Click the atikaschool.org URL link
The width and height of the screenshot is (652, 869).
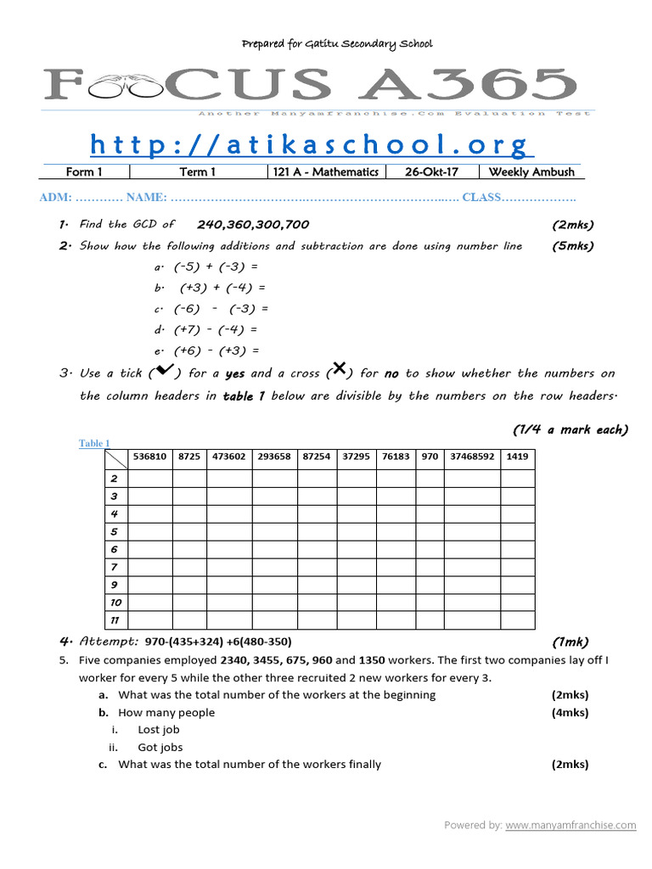coord(311,145)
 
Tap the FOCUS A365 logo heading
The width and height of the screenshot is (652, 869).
coord(311,85)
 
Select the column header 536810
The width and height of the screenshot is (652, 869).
coord(150,457)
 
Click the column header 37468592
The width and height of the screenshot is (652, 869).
coord(472,457)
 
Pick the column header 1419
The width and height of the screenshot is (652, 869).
coord(517,457)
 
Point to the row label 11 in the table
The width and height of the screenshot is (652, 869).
coord(115,621)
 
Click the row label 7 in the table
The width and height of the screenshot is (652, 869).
coord(115,567)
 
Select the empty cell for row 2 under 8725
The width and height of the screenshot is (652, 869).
coord(190,479)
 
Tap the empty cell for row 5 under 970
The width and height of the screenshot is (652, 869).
coord(430,532)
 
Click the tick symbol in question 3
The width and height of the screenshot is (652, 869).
coord(161,371)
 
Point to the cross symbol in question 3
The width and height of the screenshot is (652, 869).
coord(338,369)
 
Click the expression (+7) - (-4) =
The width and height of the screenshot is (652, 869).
coord(216,329)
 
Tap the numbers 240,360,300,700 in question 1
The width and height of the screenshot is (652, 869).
coord(253,225)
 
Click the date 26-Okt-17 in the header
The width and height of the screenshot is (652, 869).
coord(431,172)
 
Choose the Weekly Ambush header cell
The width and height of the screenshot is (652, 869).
coord(531,172)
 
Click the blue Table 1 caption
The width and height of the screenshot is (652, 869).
coord(94,443)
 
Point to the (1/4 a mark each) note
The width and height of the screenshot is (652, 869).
coord(570,429)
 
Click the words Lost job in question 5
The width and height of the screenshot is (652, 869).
coord(159,730)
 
